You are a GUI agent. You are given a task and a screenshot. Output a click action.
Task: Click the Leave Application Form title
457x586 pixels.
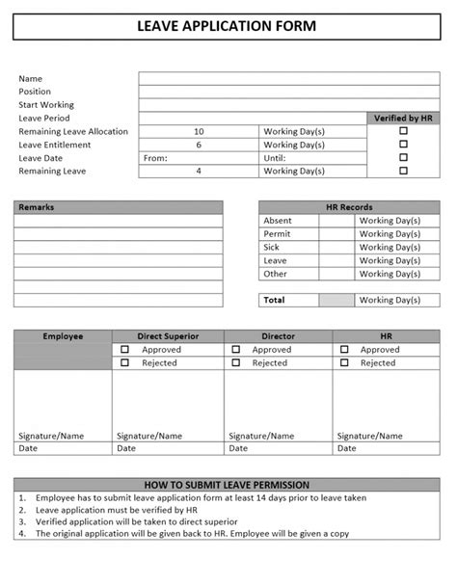(228, 25)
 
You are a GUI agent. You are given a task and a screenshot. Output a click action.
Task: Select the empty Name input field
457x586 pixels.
(288, 78)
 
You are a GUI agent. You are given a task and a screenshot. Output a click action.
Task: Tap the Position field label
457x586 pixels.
(35, 92)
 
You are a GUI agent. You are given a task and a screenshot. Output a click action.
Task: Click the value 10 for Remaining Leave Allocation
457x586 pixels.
(199, 131)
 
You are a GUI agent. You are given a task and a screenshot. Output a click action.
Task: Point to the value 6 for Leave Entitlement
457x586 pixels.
(199, 145)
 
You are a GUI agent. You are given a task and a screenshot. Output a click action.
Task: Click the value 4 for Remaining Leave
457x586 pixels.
(199, 171)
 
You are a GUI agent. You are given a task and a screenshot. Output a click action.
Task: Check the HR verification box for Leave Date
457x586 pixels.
(404, 157)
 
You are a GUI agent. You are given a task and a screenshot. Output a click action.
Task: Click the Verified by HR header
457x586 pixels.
(404, 118)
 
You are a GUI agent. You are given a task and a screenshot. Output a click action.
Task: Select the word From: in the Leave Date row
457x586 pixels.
(155, 158)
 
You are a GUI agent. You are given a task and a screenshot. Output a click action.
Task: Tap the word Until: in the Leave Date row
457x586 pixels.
(275, 158)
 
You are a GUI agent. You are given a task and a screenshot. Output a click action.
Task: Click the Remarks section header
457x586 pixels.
(38, 207)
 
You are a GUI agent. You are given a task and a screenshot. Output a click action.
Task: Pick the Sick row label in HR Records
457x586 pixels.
(272, 247)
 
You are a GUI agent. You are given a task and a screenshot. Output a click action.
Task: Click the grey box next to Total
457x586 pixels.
(336, 300)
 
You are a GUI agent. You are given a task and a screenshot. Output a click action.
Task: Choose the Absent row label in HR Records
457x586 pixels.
(278, 221)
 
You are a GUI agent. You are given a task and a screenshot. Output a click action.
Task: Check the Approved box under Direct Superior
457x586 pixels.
(124, 350)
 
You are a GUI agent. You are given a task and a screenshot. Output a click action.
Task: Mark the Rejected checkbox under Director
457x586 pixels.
(235, 363)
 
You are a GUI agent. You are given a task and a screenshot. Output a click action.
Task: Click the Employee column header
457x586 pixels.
(63, 336)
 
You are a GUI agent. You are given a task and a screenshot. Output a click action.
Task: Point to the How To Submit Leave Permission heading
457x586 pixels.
(228, 484)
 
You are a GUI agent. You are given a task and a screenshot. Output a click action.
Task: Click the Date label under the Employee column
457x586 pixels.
(28, 448)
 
